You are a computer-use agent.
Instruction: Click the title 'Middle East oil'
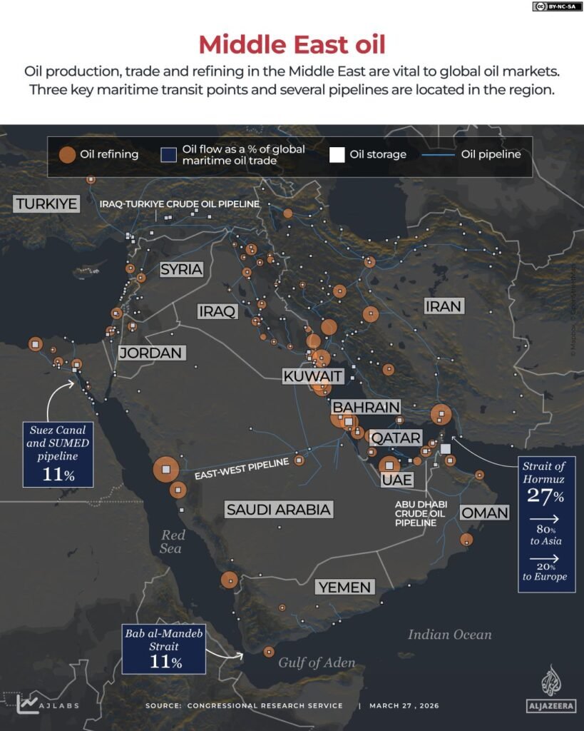(x=292, y=44)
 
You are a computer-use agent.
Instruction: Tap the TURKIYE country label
(x=46, y=203)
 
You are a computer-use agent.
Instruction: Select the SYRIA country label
(x=181, y=269)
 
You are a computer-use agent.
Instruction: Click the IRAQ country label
(x=217, y=311)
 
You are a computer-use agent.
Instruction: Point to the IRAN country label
(x=444, y=306)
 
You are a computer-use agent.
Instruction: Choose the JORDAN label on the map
(x=151, y=353)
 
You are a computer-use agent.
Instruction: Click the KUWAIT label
(x=313, y=376)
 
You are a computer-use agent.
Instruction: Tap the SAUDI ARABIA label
(x=279, y=509)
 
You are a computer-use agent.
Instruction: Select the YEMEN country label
(x=345, y=587)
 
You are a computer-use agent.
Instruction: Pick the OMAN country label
(x=485, y=513)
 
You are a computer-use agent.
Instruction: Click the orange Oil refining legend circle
(x=67, y=155)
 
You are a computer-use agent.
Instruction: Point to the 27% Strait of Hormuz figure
(x=545, y=495)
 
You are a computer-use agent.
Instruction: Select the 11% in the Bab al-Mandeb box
(x=166, y=662)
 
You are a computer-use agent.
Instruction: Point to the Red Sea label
(x=172, y=541)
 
